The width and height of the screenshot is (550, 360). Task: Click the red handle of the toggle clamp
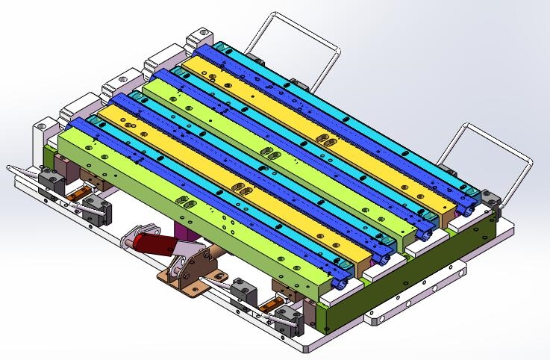point(150,243)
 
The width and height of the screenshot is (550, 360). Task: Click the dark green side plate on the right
point(418,261)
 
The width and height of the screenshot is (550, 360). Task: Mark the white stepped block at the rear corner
point(201,37)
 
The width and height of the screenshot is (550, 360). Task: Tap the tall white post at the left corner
point(39,142)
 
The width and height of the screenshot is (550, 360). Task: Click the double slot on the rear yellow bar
point(327,140)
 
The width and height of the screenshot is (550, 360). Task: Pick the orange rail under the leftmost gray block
point(75,198)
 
